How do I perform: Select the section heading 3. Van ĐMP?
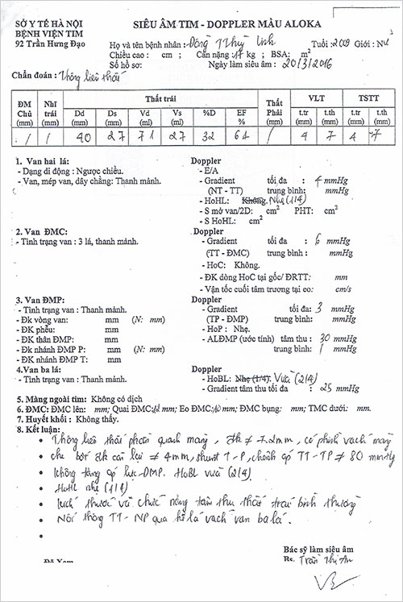[x=42, y=300]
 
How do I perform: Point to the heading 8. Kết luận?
[x=40, y=430]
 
